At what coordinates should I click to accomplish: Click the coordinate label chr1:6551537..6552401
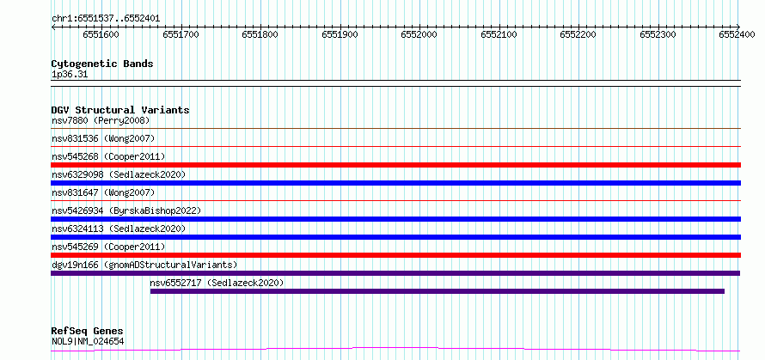point(106,19)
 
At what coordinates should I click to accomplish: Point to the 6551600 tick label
point(101,34)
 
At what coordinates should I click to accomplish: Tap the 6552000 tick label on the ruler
point(419,34)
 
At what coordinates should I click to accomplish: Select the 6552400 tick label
point(737,34)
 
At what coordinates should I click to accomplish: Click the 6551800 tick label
point(260,34)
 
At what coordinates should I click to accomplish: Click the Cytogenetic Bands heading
point(102,64)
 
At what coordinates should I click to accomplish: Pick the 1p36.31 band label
point(70,75)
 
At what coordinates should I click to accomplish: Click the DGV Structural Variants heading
point(120,110)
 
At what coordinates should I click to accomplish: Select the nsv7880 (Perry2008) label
point(101,120)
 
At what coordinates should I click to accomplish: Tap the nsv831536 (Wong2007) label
point(103,138)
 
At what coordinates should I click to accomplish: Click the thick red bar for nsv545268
point(395,165)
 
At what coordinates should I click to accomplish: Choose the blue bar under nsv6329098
point(395,183)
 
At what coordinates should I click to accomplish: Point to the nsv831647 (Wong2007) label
point(103,192)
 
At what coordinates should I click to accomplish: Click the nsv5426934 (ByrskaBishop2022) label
point(126,211)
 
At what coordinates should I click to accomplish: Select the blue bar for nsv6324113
point(395,237)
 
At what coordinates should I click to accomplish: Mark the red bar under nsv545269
point(395,255)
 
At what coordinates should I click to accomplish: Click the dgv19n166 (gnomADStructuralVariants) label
point(144,265)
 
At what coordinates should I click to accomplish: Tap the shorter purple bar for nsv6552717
point(438,291)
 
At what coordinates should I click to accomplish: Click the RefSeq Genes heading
point(88,332)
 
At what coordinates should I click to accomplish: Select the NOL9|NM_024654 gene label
point(88,341)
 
